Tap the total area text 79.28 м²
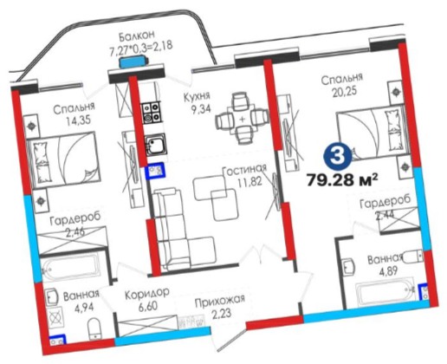click(x=342, y=181)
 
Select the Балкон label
click(x=137, y=35)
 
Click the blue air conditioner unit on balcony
click(x=133, y=62)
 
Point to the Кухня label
click(x=198, y=97)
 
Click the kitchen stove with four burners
click(x=151, y=112)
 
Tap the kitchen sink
click(x=155, y=145)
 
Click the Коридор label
click(x=146, y=294)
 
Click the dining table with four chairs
click(x=242, y=119)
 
